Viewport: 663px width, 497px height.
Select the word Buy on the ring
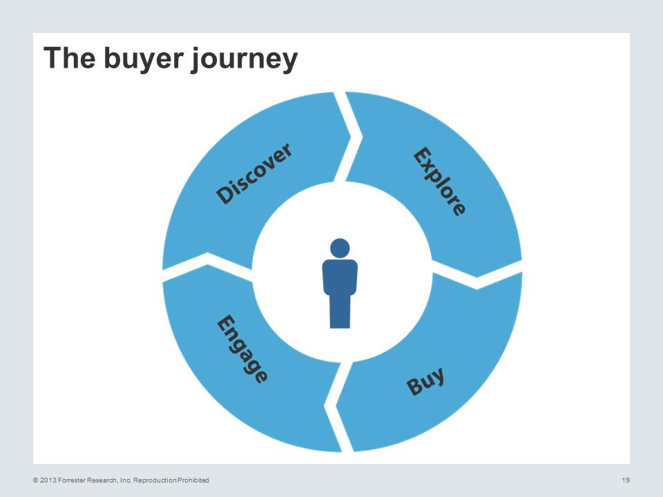(x=425, y=381)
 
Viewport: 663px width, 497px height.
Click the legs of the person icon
(x=340, y=312)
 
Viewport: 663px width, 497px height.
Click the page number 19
(x=626, y=480)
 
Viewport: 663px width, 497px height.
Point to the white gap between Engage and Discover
(x=207, y=266)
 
